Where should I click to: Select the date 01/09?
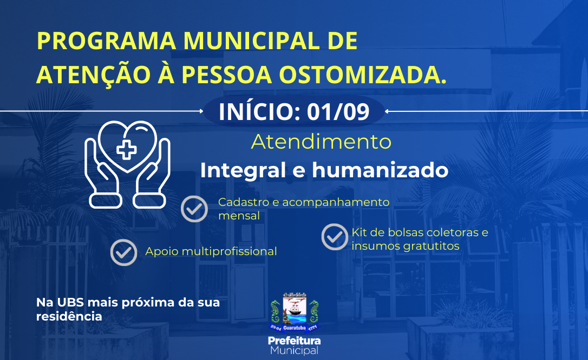338,111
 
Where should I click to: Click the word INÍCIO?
259,111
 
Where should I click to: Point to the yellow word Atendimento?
322,142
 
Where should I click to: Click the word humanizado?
380,170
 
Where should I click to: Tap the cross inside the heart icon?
127,150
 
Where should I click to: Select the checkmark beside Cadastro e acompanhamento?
194,209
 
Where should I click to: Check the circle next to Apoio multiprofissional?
124,252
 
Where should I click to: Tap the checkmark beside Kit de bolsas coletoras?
335,237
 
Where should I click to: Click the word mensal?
239,216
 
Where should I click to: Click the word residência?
69,316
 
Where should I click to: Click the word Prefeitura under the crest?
295,341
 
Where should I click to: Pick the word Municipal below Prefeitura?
295,351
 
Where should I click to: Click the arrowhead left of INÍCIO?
201,111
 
